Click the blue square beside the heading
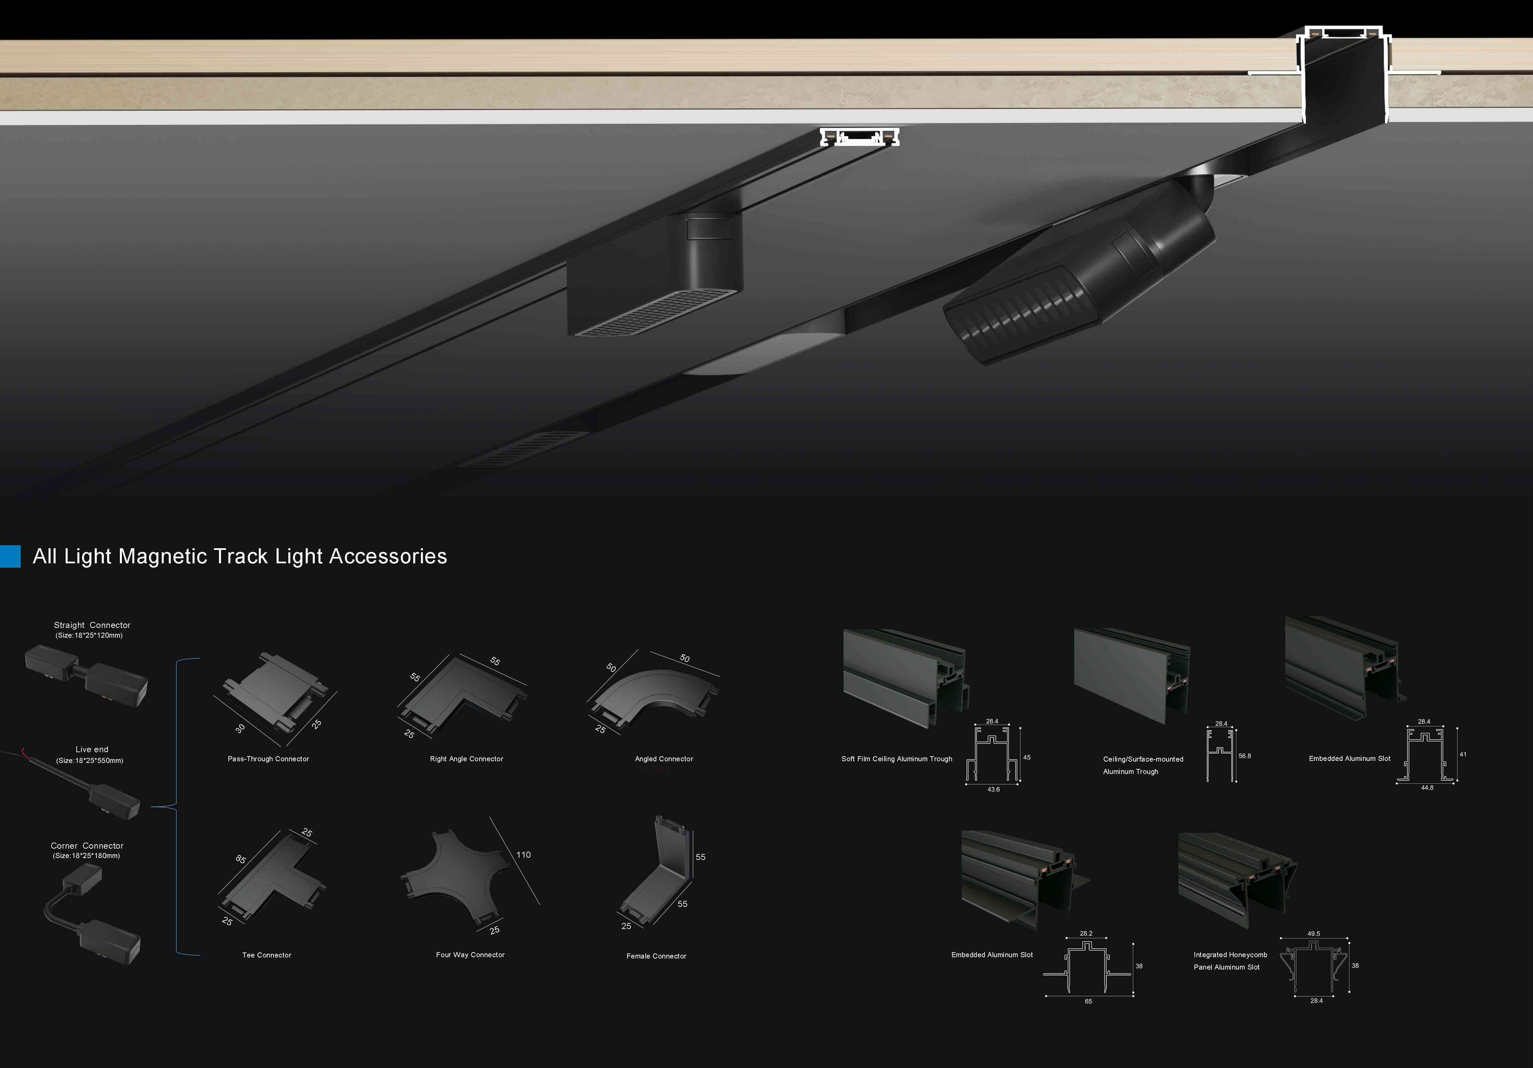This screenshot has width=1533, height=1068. click(x=10, y=556)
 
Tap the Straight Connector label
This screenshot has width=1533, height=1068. click(x=92, y=625)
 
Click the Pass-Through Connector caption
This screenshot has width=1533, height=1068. click(x=269, y=759)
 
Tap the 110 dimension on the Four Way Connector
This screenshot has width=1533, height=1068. click(x=523, y=855)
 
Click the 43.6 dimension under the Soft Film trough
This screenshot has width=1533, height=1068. click(x=994, y=789)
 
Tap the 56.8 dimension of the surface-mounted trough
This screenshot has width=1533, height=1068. click(x=1245, y=756)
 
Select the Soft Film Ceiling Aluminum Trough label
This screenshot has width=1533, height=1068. click(x=897, y=759)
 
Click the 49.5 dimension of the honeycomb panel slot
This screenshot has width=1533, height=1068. click(x=1313, y=934)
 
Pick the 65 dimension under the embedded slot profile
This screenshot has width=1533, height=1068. click(x=1088, y=1001)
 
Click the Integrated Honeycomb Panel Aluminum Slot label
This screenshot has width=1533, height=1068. click(x=1230, y=961)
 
